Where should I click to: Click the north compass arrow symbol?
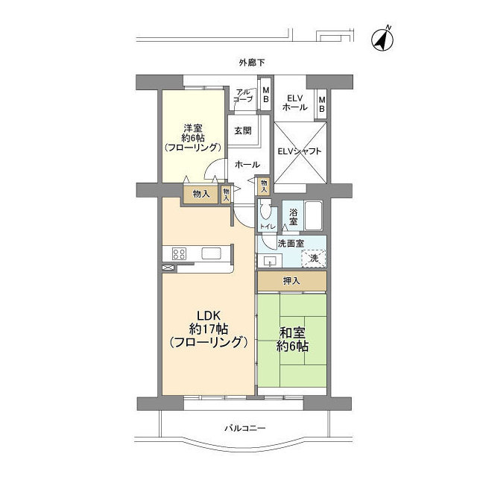click(382, 39)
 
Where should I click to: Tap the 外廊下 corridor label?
click(252, 63)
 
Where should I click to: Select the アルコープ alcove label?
click(243, 95)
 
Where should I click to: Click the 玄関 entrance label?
click(243, 130)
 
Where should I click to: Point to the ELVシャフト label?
click(300, 151)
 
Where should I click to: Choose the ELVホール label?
click(295, 103)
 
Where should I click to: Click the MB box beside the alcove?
click(265, 95)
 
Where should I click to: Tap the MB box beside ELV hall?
click(321, 104)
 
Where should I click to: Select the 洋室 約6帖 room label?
click(192, 138)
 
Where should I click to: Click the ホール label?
click(247, 165)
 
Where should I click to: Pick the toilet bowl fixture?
click(265, 209)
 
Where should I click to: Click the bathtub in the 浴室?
click(313, 215)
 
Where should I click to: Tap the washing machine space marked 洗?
click(314, 259)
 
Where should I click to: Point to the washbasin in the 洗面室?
click(270, 261)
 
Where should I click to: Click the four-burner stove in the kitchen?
click(179, 253)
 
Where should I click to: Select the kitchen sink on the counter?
click(211, 253)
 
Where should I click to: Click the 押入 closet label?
click(291, 281)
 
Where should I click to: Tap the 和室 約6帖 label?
click(292, 340)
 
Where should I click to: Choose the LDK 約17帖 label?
click(209, 329)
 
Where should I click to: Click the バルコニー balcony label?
click(245, 429)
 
